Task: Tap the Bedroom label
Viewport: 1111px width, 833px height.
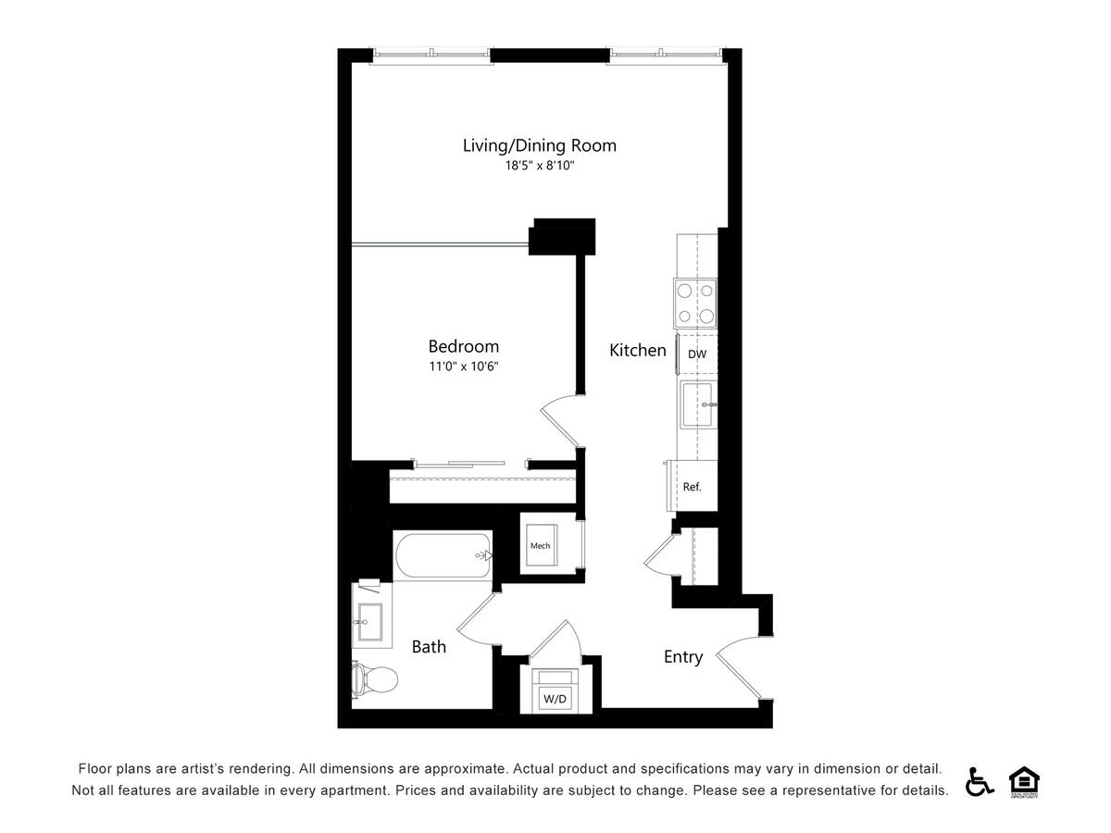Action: tap(463, 346)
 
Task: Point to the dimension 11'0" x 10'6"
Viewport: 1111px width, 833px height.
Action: tap(463, 366)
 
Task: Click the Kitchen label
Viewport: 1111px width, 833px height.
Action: tap(637, 350)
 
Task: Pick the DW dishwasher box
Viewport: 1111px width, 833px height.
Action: tap(697, 354)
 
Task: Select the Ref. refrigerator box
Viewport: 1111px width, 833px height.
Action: tap(693, 486)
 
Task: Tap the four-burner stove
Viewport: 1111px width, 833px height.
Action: tap(696, 303)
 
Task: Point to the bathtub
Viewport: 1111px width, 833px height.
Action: tap(443, 555)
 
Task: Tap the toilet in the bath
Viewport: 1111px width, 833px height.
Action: tap(374, 679)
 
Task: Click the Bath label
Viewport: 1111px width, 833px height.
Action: tap(429, 647)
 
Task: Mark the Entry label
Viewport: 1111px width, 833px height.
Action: tap(683, 657)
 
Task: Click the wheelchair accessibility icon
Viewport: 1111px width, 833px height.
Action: tap(979, 781)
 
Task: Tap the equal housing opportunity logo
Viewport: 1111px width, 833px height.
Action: tap(1022, 781)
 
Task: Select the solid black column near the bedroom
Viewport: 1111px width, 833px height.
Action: tap(562, 236)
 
